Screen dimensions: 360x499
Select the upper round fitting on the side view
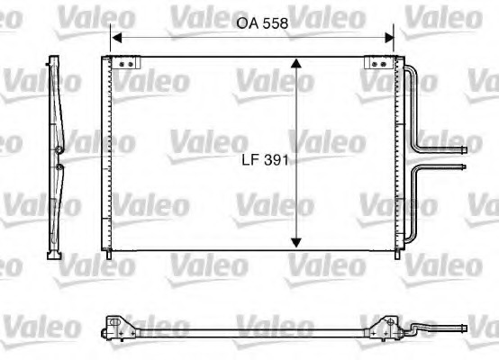[x=59, y=149]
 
